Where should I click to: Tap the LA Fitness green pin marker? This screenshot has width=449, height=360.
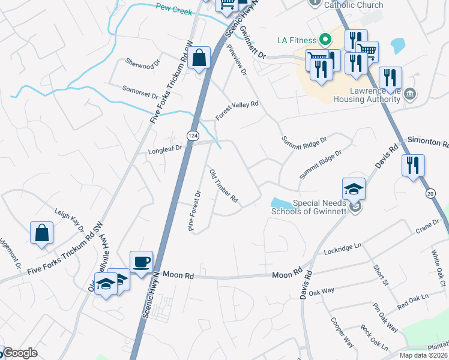click(325, 40)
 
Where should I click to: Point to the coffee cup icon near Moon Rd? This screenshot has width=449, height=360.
click(141, 262)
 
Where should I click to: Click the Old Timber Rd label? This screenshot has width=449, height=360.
click(224, 185)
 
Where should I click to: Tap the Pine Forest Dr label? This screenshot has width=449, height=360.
click(194, 211)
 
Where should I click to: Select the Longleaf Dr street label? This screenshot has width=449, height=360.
click(165, 151)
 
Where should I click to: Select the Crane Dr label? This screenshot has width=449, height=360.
click(428, 226)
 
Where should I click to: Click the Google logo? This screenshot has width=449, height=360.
click(20, 353)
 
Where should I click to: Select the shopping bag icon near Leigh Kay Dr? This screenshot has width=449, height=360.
click(41, 233)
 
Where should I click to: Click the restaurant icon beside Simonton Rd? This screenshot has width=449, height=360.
click(412, 166)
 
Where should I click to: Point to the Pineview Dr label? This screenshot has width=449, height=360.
click(238, 61)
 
